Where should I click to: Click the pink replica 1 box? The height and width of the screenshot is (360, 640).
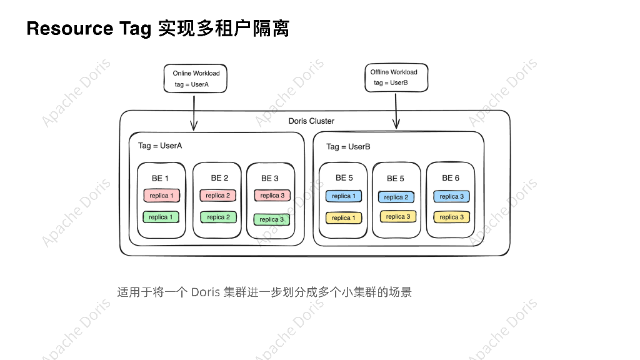(162, 196)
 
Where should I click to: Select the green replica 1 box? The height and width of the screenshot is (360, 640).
(161, 217)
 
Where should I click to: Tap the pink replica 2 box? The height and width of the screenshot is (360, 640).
(217, 196)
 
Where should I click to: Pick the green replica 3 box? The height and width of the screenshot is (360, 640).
(271, 219)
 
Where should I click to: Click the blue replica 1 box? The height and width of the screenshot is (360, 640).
(343, 196)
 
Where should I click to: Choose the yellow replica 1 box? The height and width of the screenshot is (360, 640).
(343, 217)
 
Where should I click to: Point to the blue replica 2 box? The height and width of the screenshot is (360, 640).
(396, 197)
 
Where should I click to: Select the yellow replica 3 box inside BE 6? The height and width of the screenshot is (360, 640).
(451, 217)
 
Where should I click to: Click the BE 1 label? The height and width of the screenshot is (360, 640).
(160, 178)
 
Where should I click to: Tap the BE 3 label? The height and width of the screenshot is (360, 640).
(270, 178)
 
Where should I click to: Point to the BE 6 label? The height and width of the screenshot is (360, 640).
(451, 178)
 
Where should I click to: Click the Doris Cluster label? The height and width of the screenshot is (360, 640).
(311, 121)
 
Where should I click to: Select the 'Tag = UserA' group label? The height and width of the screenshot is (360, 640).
(160, 146)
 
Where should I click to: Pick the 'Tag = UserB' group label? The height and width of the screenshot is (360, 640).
(348, 147)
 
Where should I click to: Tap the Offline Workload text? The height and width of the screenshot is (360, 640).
(394, 72)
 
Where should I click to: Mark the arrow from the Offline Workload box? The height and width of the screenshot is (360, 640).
(396, 110)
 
